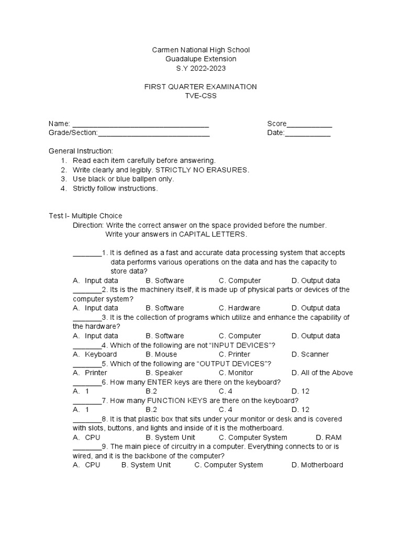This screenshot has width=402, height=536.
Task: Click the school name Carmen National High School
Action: (200, 50)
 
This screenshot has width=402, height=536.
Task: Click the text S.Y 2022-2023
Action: (200, 69)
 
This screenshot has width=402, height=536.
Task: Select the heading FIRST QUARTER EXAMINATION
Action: (200, 87)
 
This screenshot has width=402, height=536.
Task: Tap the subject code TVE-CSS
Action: (200, 96)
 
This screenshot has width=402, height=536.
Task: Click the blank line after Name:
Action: (140, 125)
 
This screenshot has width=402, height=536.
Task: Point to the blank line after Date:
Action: (308, 134)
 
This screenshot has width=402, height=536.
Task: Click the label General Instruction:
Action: (81, 151)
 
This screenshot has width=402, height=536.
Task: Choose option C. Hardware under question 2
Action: (239, 308)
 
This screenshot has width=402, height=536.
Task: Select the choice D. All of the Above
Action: (322, 373)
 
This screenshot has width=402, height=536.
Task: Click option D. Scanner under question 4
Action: (310, 354)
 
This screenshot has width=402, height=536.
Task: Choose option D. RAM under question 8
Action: (329, 438)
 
